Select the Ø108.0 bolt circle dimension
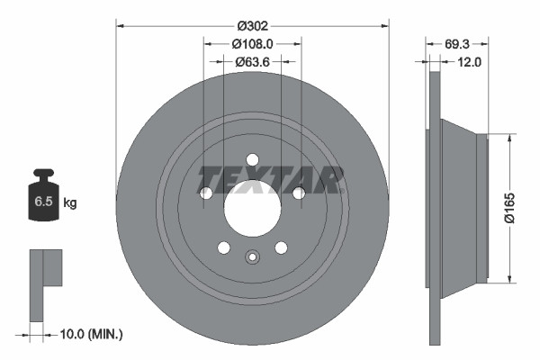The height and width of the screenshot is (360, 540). point(252,42)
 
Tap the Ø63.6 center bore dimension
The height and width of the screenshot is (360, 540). point(253,62)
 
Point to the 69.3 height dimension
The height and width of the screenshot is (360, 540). point(459,42)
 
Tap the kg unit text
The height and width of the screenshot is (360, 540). point(70,203)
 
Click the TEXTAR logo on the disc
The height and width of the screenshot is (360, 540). point(271,180)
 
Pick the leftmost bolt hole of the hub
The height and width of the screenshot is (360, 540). point(206,193)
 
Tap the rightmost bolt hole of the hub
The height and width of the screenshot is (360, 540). point(298,192)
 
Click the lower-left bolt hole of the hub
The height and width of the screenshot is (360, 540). point(224,247)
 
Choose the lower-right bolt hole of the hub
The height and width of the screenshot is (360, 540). point(281,247)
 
